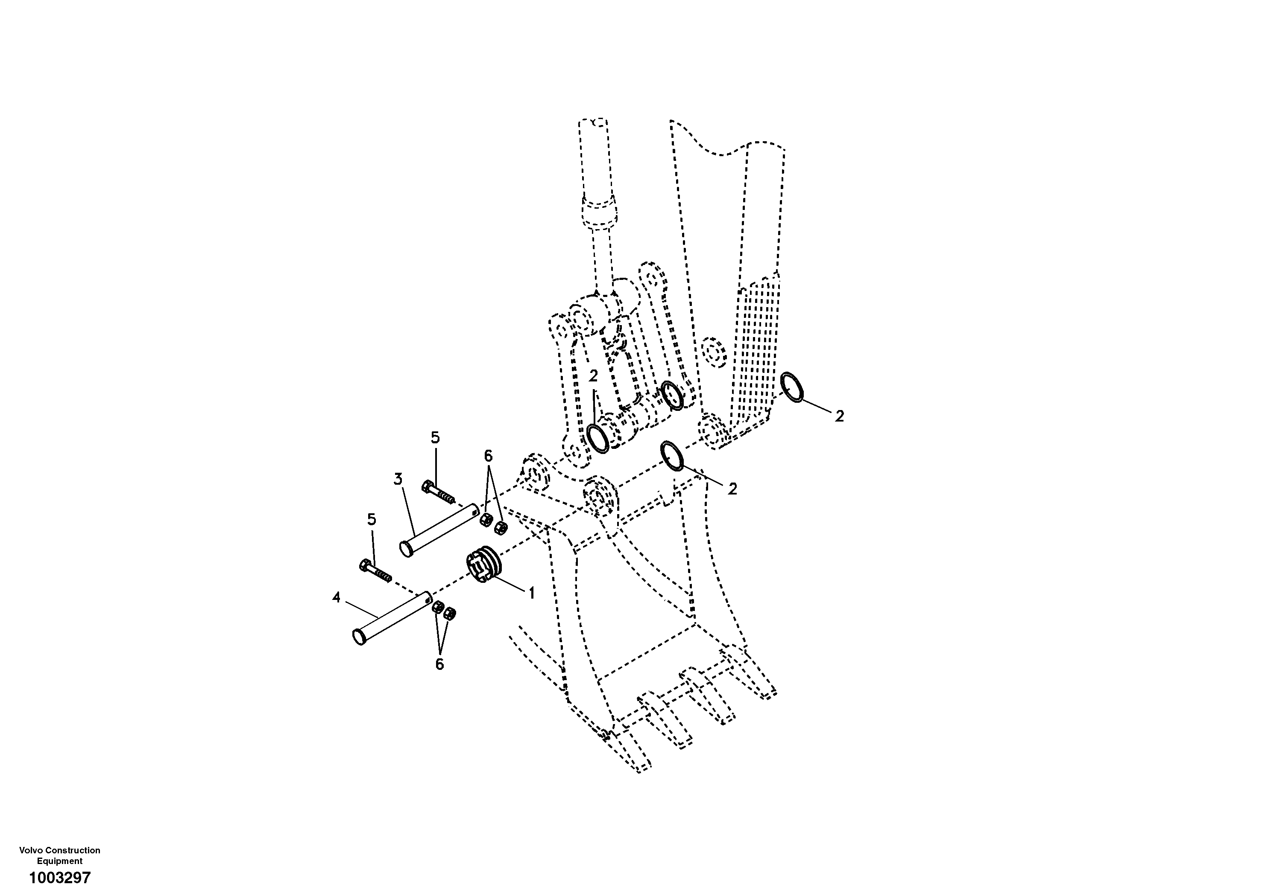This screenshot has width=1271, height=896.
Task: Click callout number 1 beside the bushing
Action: pos(531,593)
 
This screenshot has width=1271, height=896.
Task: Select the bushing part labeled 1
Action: pos(484,564)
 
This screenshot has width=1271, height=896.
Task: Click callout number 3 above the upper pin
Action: pos(398,479)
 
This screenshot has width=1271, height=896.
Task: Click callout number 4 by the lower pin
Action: pos(336,597)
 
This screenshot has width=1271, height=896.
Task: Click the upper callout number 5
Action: pos(435,437)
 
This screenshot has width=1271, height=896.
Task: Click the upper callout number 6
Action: pos(488,456)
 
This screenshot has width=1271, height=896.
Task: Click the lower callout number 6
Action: pos(439,664)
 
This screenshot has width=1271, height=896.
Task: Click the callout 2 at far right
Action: pos(839,417)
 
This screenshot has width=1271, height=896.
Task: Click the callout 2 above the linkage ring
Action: pos(593,376)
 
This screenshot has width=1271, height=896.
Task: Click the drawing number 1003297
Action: pos(60,878)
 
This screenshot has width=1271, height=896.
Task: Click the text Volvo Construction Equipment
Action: pos(60,855)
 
